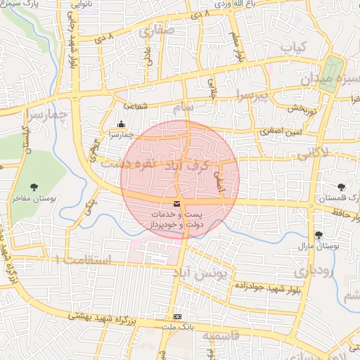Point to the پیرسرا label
click(x=252, y=95)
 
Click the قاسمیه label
click(x=221, y=336)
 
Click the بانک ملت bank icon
click(x=177, y=317)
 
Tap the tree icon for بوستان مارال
click(x=319, y=235)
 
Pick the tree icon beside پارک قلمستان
click(x=341, y=187)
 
